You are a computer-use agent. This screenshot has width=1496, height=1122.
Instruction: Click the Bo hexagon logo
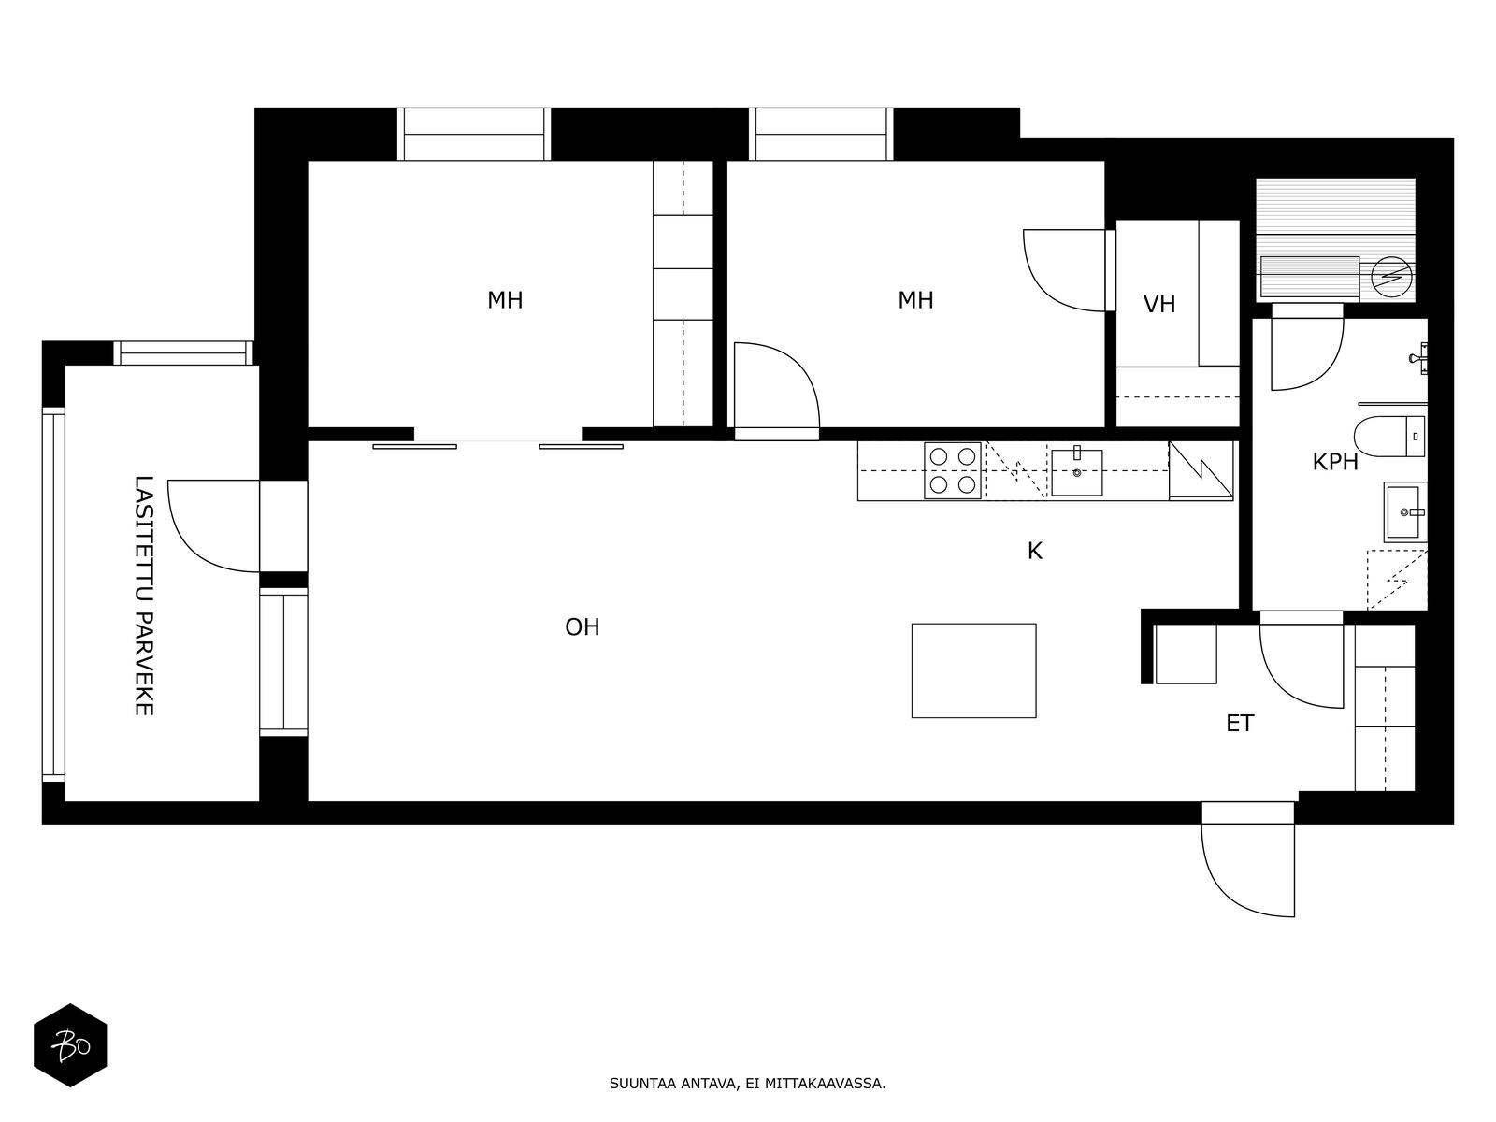pos(70,1045)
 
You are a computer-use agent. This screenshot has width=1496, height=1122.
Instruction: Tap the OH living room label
pos(583,627)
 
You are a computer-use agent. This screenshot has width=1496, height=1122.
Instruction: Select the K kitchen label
pos(1035,551)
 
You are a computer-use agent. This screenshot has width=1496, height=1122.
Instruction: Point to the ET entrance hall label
pos(1240,724)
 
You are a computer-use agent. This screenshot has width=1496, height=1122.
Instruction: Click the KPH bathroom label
pos(1335,462)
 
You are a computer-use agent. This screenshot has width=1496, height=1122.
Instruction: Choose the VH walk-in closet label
pos(1159,305)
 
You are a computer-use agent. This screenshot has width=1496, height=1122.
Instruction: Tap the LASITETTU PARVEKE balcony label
pos(144,596)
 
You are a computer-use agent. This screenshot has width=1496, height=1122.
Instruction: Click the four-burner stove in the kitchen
pos(952,470)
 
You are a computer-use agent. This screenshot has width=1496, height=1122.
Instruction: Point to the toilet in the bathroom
pos(1389,436)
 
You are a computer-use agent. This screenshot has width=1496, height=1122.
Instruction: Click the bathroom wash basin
pos(1404,511)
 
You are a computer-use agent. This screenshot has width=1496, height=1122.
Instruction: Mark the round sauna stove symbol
pos(1391,278)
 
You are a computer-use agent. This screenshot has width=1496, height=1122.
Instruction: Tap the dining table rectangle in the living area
pos(973,670)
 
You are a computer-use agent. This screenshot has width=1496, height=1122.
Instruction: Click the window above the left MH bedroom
pos(474,135)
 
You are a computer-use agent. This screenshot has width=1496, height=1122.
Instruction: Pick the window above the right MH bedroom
pos(821,135)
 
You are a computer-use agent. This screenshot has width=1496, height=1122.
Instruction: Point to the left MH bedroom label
pos(505,300)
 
